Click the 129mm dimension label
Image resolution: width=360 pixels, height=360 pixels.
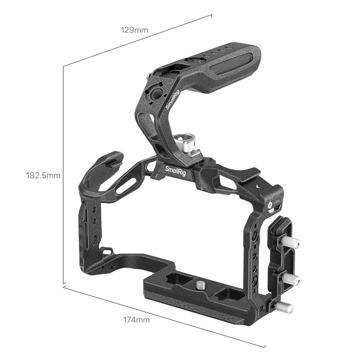point(134,30)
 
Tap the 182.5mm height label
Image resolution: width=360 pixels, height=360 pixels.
point(43,176)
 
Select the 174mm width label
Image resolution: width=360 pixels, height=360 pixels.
point(136,319)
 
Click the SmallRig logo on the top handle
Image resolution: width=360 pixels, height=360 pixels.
point(173,100)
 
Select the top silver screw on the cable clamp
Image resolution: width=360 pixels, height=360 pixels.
point(291,242)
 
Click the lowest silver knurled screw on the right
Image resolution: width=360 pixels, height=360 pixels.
point(284,307)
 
